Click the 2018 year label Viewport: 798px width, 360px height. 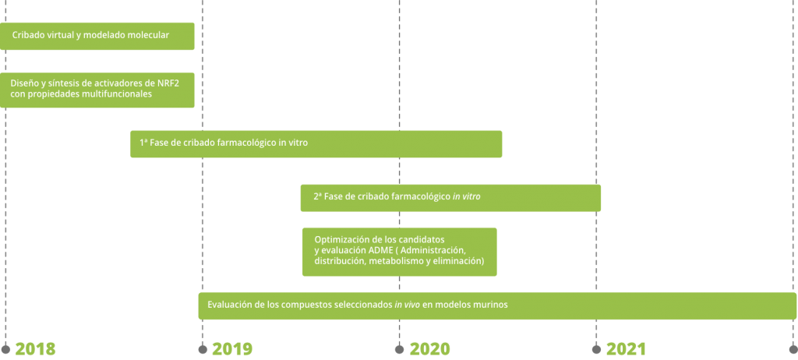(x=35, y=349)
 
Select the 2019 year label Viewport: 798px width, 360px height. (x=232, y=349)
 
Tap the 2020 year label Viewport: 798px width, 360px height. (x=429, y=349)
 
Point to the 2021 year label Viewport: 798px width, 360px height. (x=627, y=349)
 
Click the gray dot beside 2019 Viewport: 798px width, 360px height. (x=203, y=349)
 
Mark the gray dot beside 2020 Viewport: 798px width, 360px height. (x=400, y=349)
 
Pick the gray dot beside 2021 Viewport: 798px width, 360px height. (x=597, y=349)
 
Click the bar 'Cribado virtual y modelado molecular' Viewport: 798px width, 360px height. (x=97, y=36)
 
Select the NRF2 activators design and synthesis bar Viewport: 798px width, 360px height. (x=97, y=89)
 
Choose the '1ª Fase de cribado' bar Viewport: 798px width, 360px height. (x=316, y=143)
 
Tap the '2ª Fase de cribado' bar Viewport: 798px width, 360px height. (x=450, y=197)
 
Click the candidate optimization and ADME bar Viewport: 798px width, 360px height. (x=399, y=251)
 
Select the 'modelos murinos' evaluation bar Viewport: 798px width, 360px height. (x=497, y=305)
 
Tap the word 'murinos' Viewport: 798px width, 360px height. (x=492, y=305)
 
